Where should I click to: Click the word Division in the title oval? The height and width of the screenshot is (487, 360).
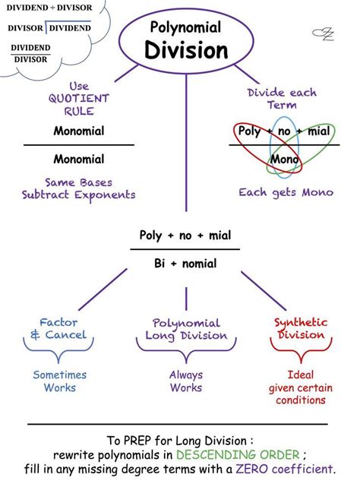[x=185, y=51]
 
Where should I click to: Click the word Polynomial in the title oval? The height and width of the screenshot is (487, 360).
[x=185, y=28]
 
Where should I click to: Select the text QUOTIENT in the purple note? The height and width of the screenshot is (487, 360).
[x=79, y=99]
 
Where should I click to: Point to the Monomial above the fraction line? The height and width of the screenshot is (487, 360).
[x=79, y=131]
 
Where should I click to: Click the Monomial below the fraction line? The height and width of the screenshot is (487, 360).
[x=79, y=160]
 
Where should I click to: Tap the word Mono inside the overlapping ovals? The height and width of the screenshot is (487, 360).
[x=284, y=160]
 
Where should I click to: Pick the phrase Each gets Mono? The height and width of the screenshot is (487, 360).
[x=286, y=192]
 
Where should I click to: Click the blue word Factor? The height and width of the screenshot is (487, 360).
[x=58, y=322]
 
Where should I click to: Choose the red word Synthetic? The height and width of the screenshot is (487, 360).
[x=301, y=322]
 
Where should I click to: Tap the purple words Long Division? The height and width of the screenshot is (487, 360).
[x=186, y=336]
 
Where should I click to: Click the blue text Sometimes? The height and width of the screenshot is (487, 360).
[x=59, y=375]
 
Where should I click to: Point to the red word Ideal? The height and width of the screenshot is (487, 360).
[x=300, y=375]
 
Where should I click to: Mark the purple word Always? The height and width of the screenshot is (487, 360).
[x=186, y=375]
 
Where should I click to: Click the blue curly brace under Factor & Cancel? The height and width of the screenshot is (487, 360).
[x=58, y=352]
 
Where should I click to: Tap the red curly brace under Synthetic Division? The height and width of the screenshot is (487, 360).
[x=301, y=352]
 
